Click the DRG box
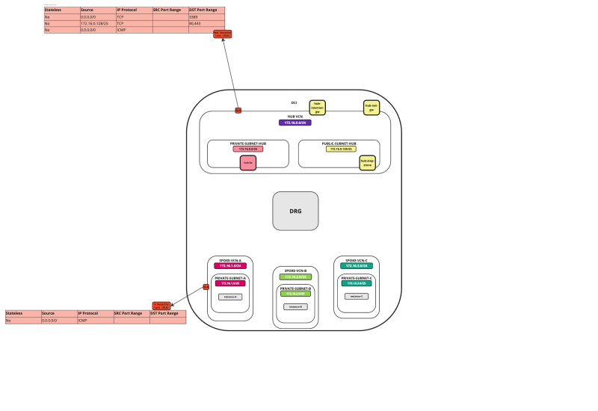[295, 211]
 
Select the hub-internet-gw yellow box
[317, 108]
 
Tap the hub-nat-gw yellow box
[371, 108]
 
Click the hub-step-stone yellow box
[367, 162]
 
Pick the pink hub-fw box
[248, 162]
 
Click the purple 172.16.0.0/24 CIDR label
[295, 123]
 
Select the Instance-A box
[230, 297]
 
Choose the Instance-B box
[295, 306]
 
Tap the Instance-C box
[356, 296]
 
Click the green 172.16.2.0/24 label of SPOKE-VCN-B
[295, 276]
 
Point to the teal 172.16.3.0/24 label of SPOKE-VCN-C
[356, 266]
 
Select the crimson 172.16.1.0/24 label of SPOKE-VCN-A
[230, 266]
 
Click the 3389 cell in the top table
[206, 16]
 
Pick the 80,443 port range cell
[206, 23]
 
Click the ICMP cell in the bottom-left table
[95, 320]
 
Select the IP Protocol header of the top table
[134, 10]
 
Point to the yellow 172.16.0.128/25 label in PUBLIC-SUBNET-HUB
[339, 149]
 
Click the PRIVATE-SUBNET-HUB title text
[248, 143]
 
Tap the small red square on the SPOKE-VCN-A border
[206, 287]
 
